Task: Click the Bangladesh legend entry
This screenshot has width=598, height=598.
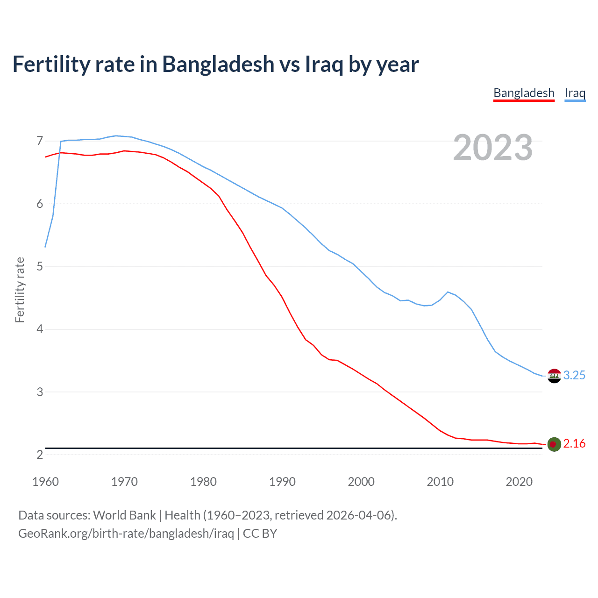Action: click(524, 93)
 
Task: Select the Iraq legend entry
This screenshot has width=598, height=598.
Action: click(575, 93)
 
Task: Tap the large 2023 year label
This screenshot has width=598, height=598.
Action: click(492, 148)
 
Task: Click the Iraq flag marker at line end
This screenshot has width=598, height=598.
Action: click(554, 376)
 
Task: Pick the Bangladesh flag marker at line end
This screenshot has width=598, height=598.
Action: click(554, 444)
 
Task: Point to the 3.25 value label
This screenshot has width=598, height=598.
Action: click(574, 376)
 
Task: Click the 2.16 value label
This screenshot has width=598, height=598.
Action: click(574, 444)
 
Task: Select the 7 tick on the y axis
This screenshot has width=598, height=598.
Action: click(40, 141)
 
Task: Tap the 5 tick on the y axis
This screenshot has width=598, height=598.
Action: click(40, 267)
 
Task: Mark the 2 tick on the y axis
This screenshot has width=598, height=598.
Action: click(40, 455)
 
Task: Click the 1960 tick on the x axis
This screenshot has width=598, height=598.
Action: click(45, 482)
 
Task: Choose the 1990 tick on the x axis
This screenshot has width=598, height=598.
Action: click(282, 482)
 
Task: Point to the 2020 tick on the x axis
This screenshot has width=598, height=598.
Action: click(519, 482)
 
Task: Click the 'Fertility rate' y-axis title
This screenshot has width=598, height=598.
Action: click(20, 290)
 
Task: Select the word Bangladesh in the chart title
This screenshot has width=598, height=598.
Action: click(218, 64)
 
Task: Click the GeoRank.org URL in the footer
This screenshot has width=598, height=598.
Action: click(126, 534)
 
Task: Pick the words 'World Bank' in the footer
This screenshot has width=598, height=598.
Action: click(124, 515)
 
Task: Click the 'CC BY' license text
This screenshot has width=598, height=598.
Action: click(260, 534)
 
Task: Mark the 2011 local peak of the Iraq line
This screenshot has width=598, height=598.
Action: click(448, 292)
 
